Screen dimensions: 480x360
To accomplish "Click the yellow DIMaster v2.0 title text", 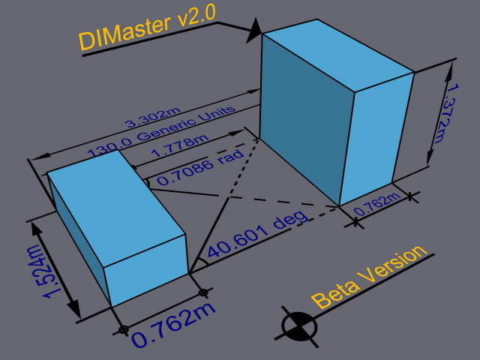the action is tap(147, 27).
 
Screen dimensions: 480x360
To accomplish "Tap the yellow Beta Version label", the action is tap(369, 277).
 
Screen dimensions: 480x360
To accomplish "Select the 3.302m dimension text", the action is tap(153, 118).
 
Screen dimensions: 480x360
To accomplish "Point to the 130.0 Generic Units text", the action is tap(161, 131).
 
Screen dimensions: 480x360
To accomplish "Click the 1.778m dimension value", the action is tap(181, 145).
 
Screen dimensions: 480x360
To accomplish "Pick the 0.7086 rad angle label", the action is tap(200, 167).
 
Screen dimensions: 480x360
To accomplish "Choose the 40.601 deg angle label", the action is tap(258, 233).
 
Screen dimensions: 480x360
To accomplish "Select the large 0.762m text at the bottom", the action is tap(174, 325).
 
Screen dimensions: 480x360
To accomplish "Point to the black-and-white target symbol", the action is tap(299, 326).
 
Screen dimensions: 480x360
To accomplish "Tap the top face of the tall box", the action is tap(338, 55).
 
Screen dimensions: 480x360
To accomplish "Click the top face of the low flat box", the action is tap(116, 208).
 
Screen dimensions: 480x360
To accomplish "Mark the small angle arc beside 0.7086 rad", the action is tap(147, 183).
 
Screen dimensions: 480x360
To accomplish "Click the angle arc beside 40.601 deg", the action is tap(204, 262).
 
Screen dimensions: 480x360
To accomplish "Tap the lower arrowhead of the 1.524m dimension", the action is tap(73, 309).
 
